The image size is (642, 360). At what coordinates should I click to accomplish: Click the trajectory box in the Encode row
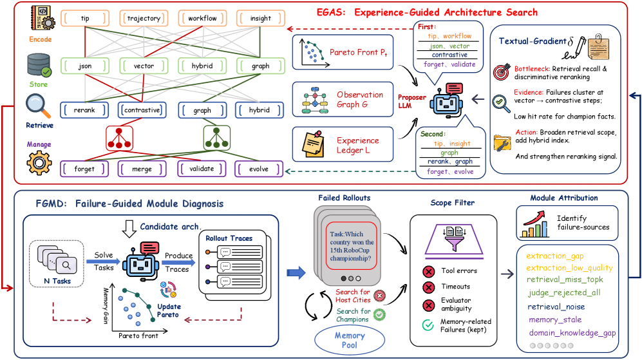(x=144, y=19)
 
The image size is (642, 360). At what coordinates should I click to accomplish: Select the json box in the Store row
(x=85, y=66)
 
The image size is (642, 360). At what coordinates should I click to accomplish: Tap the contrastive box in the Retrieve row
(x=142, y=110)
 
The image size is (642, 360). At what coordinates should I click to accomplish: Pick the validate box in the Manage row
(x=202, y=169)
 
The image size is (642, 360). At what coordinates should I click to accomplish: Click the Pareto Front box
(x=343, y=52)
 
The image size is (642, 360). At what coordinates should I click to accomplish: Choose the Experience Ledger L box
(x=343, y=144)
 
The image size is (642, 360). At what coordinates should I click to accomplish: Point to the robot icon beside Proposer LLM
(x=446, y=100)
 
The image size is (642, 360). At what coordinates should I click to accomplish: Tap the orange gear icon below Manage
(x=39, y=162)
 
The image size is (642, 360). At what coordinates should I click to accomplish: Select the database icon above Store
(x=39, y=65)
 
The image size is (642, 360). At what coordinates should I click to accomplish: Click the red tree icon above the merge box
(x=119, y=138)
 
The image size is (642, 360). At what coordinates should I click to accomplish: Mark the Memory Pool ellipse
(x=350, y=340)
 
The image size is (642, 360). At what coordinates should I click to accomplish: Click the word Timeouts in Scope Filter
(x=456, y=287)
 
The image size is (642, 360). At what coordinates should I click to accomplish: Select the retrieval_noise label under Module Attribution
(x=556, y=307)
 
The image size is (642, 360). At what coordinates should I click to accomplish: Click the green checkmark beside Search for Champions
(x=379, y=314)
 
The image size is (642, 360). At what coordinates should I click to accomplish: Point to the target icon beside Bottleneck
(x=502, y=71)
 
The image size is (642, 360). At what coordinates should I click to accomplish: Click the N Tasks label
(x=57, y=281)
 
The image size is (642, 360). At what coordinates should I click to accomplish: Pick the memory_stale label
(x=555, y=320)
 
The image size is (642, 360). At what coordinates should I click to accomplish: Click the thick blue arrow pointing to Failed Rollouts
(x=296, y=272)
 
